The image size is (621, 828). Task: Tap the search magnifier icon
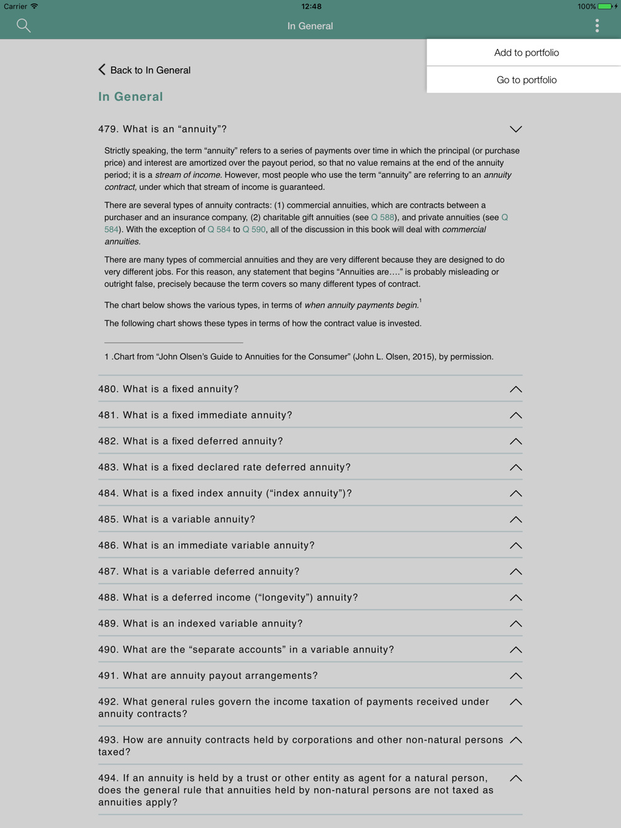tap(24, 25)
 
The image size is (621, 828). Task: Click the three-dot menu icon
tap(597, 25)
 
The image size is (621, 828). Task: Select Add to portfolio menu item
tap(526, 53)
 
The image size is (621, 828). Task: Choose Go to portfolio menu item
tap(526, 80)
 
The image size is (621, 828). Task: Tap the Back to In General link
tap(145, 70)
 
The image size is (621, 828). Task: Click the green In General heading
tap(130, 97)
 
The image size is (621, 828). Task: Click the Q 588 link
tap(383, 217)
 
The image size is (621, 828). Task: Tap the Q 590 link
tap(254, 230)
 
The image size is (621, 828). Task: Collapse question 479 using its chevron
tap(515, 129)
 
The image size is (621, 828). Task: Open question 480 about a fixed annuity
tap(168, 389)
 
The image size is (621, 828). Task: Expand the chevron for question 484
tap(515, 493)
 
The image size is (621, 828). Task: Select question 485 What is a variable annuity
tap(176, 520)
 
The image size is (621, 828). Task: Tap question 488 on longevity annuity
tap(228, 598)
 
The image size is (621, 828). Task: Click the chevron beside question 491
tap(515, 676)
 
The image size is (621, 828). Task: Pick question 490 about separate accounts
tap(246, 650)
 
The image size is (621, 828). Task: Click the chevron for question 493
tap(515, 740)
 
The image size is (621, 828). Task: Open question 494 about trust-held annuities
tap(296, 790)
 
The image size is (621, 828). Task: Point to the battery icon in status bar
tap(604, 6)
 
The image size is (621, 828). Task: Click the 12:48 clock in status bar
tap(311, 6)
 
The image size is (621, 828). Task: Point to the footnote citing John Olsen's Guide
tap(299, 357)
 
